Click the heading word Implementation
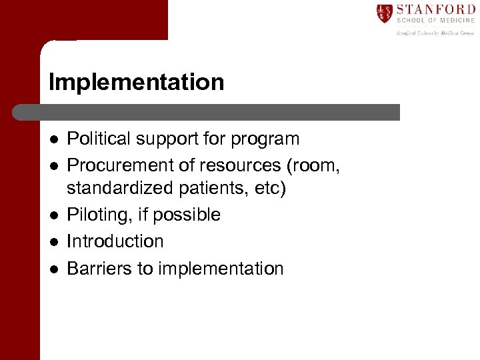coord(136,83)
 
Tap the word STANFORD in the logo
coord(435,9)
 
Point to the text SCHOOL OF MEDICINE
coord(435,21)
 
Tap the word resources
coord(239,165)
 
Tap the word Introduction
coord(115,241)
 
